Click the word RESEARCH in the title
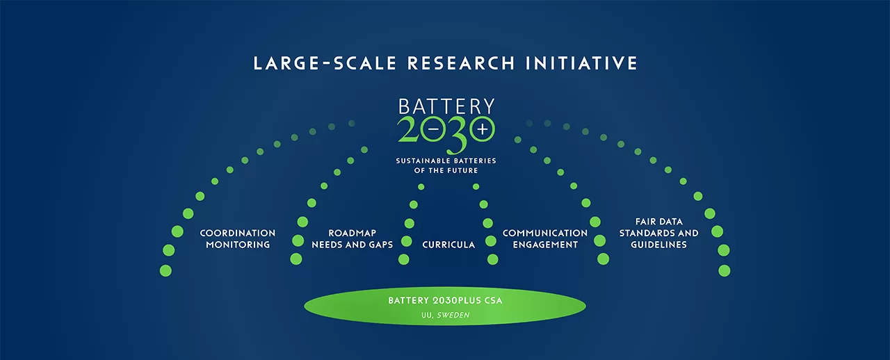pos(461,63)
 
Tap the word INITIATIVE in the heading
pos(582,63)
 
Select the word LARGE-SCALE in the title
pos(325,63)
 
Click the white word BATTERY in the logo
pos(446,106)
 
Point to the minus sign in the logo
pos(433,129)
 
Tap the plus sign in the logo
pos(483,129)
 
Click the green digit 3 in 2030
pos(457,135)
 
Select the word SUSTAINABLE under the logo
pos(419,161)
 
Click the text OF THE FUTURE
pos(446,170)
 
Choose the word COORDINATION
pos(238,234)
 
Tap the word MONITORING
pos(238,245)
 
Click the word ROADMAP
pos(352,234)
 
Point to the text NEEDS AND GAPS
pos(352,245)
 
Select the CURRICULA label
pos(448,245)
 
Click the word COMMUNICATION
pos(545,234)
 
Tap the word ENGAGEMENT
pos(545,245)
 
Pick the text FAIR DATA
pos(658,222)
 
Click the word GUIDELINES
pos(658,245)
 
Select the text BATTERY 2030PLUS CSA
pos(445,300)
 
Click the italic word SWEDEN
pos(453,315)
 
